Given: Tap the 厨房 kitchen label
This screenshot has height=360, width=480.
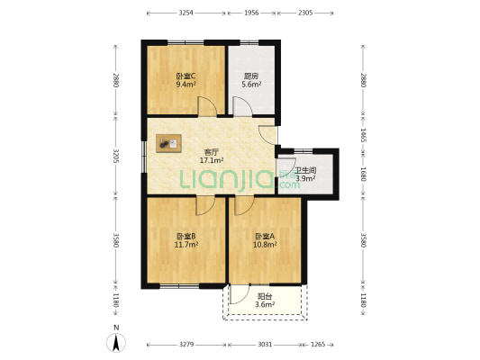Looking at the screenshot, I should [252, 77].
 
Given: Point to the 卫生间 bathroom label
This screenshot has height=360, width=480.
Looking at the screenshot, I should [305, 169].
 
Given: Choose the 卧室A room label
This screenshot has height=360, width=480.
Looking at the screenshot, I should [265, 237].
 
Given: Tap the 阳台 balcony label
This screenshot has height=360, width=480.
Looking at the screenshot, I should [265, 295].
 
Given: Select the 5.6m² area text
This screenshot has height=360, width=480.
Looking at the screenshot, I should [252, 85].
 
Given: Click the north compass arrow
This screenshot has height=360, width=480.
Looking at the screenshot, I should [116, 341].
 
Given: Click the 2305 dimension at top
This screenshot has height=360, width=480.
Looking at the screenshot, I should [305, 13].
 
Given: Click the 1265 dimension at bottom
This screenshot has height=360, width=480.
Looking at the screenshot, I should [319, 343].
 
